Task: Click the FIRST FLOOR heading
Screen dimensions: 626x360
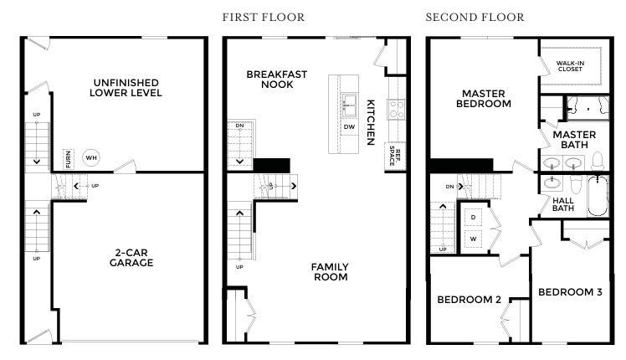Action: coord(263,18)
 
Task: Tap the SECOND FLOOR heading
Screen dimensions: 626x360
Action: coord(475,18)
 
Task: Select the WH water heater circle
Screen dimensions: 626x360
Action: coord(91,158)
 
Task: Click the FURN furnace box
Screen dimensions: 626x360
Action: coord(69,158)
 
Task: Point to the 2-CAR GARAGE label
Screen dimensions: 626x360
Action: coord(131,258)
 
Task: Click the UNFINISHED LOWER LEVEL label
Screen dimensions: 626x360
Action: coord(126,88)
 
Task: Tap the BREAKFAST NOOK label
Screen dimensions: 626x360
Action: coord(277,80)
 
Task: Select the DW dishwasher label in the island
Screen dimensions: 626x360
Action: coord(349,127)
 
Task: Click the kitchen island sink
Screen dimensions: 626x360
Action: coord(349,105)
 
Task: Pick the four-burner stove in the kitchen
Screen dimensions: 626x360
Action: coord(397,109)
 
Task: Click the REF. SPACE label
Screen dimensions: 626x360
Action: coord(395,157)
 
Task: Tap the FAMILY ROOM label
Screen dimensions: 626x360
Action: coord(331,272)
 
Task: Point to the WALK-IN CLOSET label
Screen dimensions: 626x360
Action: coord(570,66)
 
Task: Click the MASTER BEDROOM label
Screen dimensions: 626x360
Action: coord(484,99)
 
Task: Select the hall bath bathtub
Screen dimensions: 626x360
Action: coord(598,196)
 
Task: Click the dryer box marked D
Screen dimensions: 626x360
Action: coord(473,218)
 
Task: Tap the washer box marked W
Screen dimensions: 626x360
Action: coord(473,239)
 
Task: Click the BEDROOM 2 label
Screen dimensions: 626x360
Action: coord(469,300)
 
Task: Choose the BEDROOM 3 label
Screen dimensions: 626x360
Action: coord(570,292)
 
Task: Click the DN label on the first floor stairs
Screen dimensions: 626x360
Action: coord(239,126)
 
